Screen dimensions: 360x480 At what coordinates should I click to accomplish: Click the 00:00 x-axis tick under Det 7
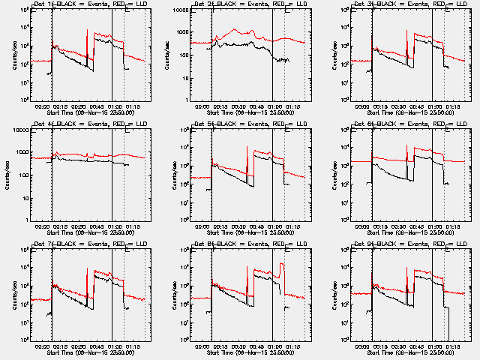pos(44,346)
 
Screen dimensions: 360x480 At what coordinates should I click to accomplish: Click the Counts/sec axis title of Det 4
pos(7,174)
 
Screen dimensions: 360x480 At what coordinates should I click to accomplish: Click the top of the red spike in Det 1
pos(88,30)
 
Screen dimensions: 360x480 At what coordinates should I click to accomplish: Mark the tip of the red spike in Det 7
pos(88,268)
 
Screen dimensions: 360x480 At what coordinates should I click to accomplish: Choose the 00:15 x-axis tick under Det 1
pos(64,106)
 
